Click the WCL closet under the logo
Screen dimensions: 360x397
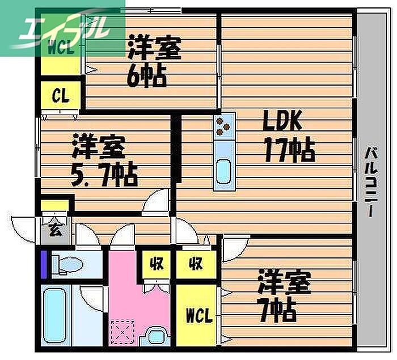tap(60, 49)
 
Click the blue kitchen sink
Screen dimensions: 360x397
tap(225, 170)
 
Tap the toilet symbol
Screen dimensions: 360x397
tap(68, 263)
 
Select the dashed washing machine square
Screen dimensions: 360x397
tap(121, 332)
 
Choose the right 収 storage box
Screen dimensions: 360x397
tap(196, 264)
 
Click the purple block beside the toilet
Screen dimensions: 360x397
tap(44, 263)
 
